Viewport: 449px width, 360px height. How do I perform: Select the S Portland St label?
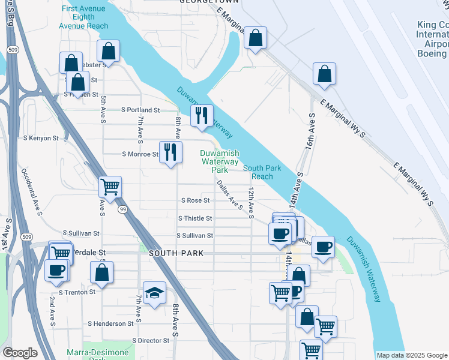(x=140, y=110)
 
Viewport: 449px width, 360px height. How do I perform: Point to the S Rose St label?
(x=195, y=200)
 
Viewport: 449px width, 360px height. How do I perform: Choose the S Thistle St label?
(x=195, y=218)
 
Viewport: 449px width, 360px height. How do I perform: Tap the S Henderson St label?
(x=110, y=323)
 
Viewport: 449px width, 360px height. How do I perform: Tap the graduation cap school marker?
(x=154, y=293)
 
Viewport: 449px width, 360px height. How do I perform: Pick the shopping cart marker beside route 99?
(x=110, y=187)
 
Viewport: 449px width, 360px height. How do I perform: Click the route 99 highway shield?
(x=123, y=209)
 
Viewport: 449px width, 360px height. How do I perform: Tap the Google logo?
(x=20, y=353)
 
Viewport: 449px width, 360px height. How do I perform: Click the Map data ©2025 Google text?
(x=411, y=355)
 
